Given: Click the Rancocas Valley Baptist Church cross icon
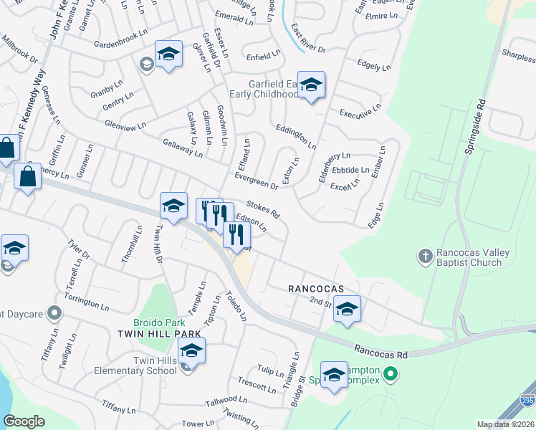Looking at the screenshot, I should point(426,255).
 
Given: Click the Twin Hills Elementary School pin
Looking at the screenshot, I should point(191,352).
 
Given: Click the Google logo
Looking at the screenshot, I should point(24,421).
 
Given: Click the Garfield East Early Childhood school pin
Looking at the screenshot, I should point(311,86).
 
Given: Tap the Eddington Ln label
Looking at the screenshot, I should point(295,135).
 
